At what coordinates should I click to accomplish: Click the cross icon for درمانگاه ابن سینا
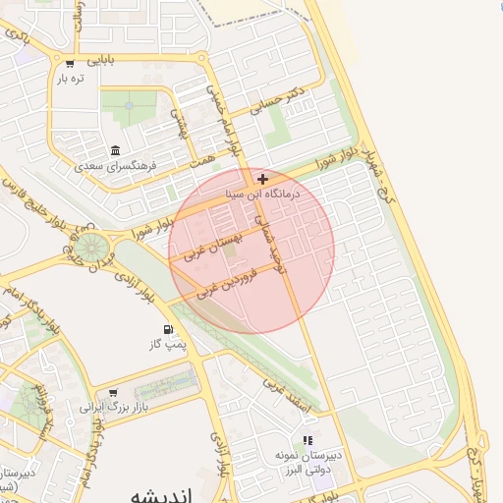(262, 179)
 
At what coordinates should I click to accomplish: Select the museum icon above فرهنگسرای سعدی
(116, 150)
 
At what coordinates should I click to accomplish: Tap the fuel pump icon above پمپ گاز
(167, 329)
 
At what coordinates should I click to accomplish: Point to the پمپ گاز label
(167, 345)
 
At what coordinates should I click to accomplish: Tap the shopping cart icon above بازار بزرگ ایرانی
(114, 392)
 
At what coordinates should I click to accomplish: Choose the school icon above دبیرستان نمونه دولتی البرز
(307, 441)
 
